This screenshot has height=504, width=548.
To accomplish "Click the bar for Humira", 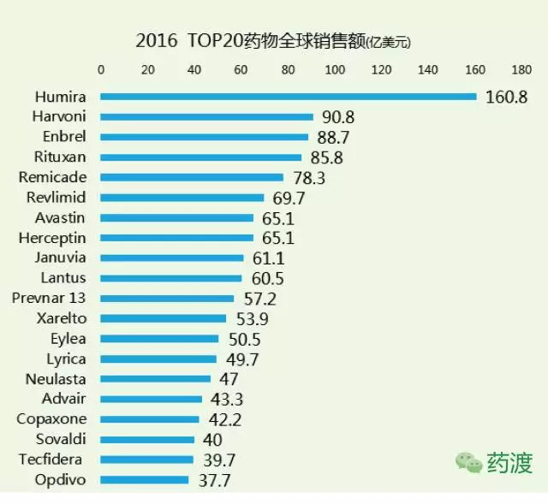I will (x=288, y=96).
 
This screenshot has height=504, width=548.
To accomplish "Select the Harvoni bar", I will (x=206, y=116).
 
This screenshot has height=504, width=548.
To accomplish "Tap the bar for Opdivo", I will (x=144, y=480).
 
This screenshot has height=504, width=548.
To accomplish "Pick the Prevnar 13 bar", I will (x=167, y=299).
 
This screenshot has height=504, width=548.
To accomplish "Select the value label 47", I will (x=228, y=379).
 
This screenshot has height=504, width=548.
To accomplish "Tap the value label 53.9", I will (x=251, y=319).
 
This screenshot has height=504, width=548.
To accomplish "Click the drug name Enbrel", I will (x=65, y=137).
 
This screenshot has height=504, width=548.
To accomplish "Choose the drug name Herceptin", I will (x=57, y=238).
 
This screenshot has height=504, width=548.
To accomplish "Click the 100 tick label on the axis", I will (x=335, y=70).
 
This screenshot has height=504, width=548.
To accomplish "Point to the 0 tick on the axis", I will (x=101, y=70).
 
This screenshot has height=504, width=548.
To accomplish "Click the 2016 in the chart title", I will (x=157, y=40).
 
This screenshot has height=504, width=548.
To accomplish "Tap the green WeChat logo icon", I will (x=469, y=463).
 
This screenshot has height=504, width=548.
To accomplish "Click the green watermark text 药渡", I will (x=510, y=463).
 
